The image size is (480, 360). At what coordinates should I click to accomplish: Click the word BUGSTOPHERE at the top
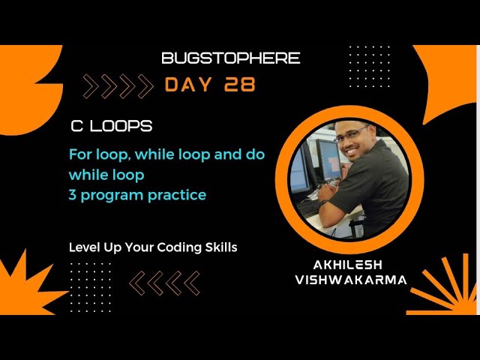pyautogui.click(x=230, y=58)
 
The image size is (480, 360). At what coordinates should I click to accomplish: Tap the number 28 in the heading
pyautogui.click(x=239, y=85)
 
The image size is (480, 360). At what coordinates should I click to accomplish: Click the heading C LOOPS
pyautogui.click(x=110, y=126)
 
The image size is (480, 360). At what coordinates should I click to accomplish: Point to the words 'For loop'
pyautogui.click(x=95, y=154)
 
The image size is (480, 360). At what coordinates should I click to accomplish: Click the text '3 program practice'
pyautogui.click(x=137, y=195)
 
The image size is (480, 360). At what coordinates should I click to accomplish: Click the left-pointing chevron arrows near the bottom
pyautogui.click(x=165, y=283)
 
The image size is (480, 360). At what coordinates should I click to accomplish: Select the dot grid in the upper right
pyautogui.click(x=369, y=67)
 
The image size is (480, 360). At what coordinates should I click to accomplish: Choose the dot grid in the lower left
pyautogui.click(x=90, y=286)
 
